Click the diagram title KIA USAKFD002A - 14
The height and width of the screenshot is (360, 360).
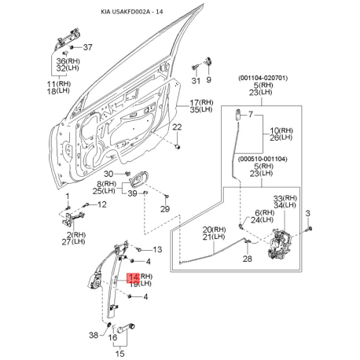coord(132,12)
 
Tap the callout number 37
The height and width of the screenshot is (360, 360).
coord(88,47)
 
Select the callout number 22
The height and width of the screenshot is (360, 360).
coord(177,127)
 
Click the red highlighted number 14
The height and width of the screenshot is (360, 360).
coord(133,277)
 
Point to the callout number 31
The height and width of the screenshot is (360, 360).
coord(196,81)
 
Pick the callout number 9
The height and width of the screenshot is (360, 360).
coord(208,79)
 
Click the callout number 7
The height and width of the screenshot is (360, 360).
coord(251,115)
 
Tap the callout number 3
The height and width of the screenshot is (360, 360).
coord(308,213)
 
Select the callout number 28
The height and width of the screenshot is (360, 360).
coord(247,259)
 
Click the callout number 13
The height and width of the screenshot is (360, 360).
coord(157,249)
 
